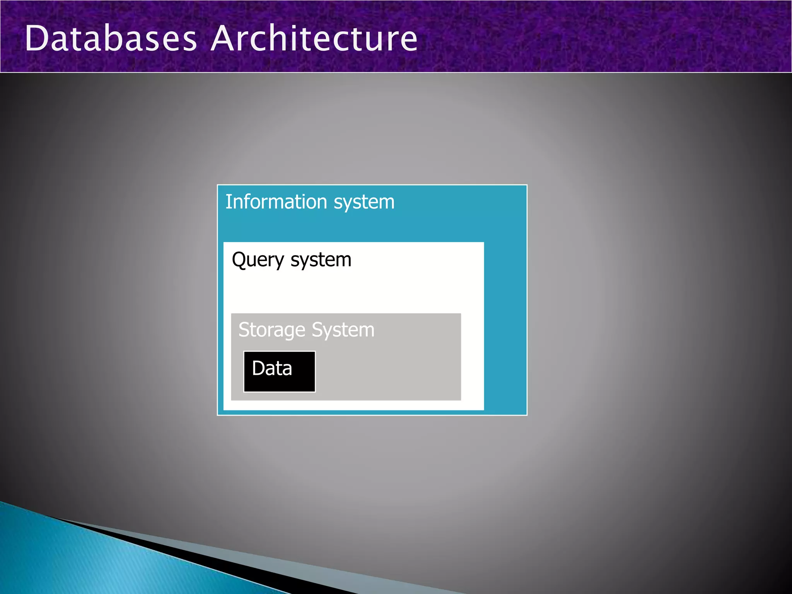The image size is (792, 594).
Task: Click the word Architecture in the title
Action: [314, 38]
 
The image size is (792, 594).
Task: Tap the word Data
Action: [272, 368]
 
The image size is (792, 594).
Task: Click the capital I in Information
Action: [228, 202]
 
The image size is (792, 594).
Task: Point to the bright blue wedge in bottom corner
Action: [77, 561]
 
